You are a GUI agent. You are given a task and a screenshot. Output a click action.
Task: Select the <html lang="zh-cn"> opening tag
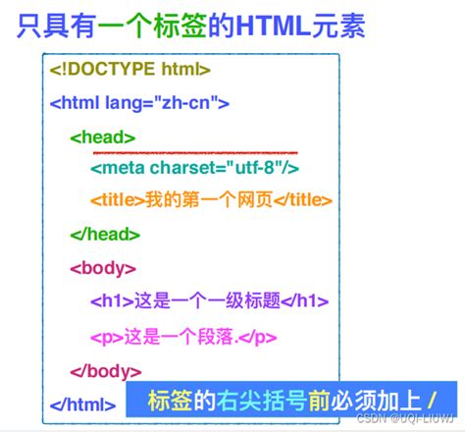click(x=139, y=102)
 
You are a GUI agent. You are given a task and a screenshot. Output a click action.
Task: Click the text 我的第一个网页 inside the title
click(x=194, y=200)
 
